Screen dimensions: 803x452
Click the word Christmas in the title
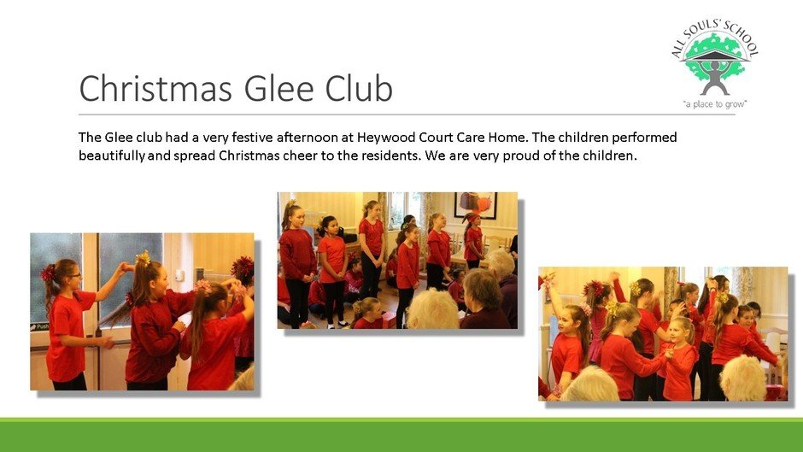click(156, 88)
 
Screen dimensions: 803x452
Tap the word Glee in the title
click(278, 88)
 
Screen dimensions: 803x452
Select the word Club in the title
click(359, 88)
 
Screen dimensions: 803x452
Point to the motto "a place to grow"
click(715, 104)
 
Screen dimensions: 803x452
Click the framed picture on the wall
click(475, 204)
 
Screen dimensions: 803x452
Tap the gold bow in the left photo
click(143, 259)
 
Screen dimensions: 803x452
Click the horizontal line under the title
click(407, 114)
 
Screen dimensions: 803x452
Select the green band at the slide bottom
click(401, 435)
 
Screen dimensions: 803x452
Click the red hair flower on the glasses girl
click(48, 273)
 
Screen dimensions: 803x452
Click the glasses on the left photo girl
click(75, 274)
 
